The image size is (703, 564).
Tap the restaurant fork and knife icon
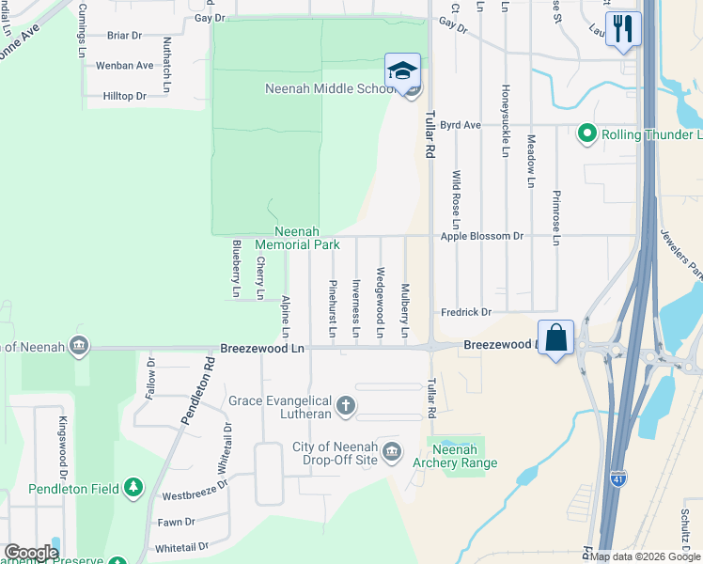point(622,28)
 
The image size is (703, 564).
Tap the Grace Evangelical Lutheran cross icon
point(346,406)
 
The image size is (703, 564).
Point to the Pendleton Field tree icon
point(134,486)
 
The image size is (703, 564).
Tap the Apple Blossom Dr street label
point(481,236)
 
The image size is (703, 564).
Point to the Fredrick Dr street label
point(466,312)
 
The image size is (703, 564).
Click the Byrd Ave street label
point(461,124)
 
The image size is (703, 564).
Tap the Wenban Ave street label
point(124,66)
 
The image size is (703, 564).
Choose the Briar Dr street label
point(124,36)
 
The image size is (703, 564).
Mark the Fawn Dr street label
point(176,522)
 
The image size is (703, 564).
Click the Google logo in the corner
point(30,552)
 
